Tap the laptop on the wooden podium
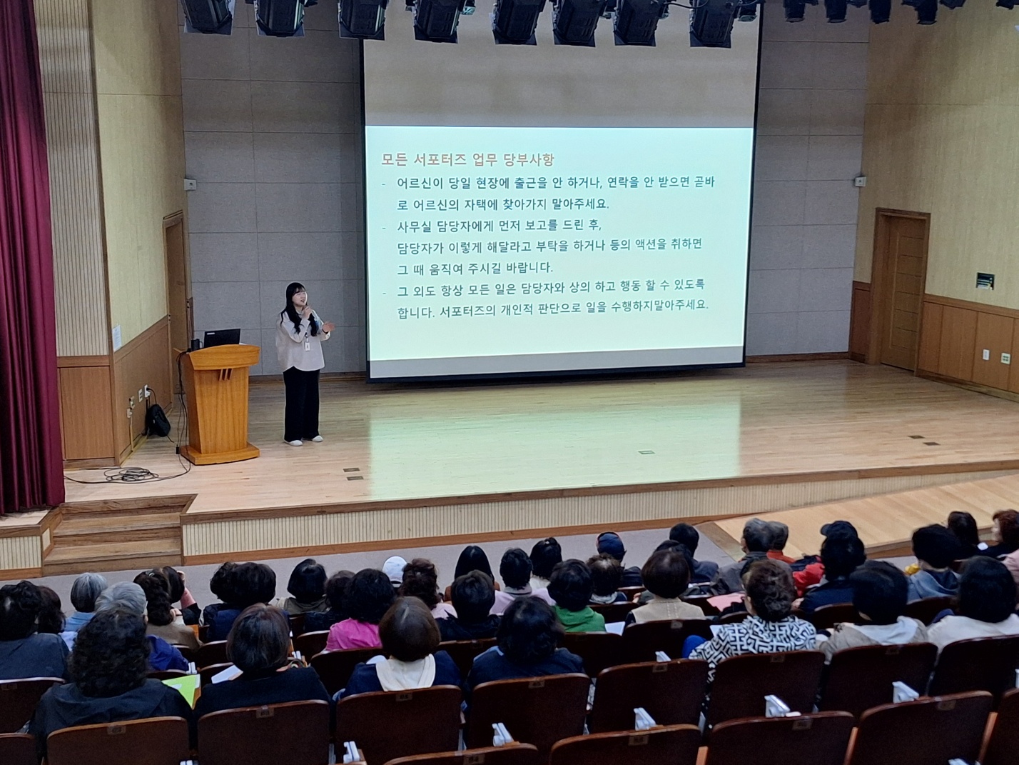pos(221,338)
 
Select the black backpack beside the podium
pos(158,420)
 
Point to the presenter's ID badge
pos(307,346)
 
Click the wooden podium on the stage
pos(219,404)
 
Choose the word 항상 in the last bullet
pos(445,289)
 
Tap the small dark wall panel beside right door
pos(985,280)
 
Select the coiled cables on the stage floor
pos(128,475)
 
